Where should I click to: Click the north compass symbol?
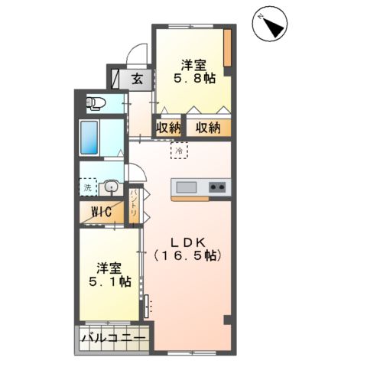pos(270,24)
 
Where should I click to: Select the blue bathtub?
pos(89,138)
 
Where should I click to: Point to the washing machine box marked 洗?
pos(88,187)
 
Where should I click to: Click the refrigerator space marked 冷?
pos(179,151)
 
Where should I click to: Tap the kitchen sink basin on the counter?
pos(187,187)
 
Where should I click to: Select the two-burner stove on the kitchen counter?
pos(217,187)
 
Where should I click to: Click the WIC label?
pos(102,212)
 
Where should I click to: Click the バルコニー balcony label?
pos(114,338)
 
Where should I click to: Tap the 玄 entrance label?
pos(138,80)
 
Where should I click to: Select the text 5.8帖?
pos(194,78)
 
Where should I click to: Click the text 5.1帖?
pos(110,282)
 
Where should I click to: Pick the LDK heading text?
pos(188,242)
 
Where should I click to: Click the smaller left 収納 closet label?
pos(168,128)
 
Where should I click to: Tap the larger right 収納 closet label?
pos(208,128)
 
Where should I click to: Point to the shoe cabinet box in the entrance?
pos(115,79)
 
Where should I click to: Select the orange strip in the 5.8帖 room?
pos(227,48)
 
